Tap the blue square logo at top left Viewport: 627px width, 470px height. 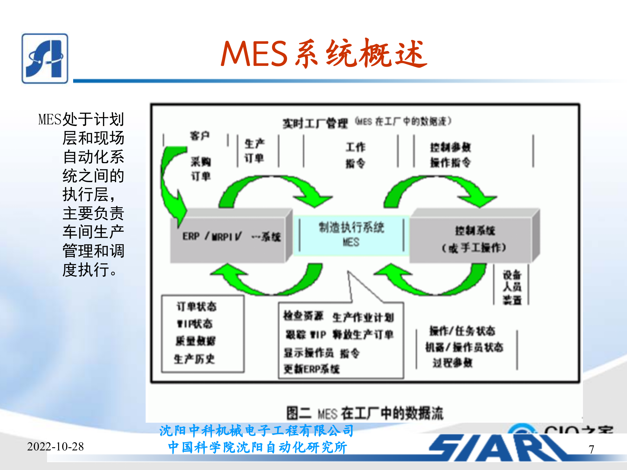point(45,58)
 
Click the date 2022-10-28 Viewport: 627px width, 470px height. point(56,446)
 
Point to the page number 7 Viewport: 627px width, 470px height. point(591,449)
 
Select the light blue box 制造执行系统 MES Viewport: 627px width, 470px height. point(351,235)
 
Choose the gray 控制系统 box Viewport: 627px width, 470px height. point(474,238)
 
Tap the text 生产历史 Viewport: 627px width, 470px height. point(194,359)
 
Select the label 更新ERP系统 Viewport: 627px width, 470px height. point(312,369)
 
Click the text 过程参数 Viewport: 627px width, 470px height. point(453,362)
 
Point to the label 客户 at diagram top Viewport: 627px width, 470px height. point(200,135)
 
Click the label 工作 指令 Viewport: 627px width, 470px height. point(355,155)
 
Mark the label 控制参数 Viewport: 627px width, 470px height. point(450,148)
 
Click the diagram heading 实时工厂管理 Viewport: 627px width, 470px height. point(315,123)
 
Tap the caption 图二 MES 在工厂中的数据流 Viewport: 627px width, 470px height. point(364,413)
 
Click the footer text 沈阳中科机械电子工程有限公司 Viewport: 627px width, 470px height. point(257,431)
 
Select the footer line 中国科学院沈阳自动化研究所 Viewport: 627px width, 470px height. point(257,447)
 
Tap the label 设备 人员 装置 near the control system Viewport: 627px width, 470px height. point(512,287)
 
